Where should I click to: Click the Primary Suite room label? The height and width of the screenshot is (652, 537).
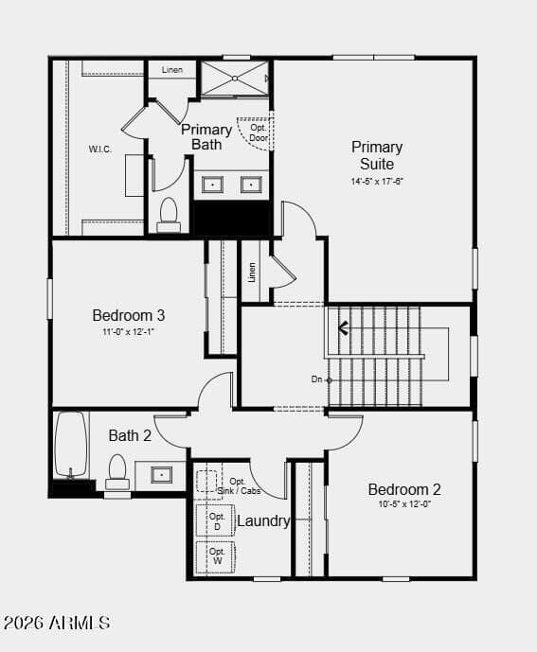(377, 155)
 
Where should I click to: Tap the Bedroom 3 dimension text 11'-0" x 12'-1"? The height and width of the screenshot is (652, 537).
(129, 332)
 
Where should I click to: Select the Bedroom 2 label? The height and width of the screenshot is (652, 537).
(404, 489)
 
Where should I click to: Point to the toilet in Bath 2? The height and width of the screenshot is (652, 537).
(117, 471)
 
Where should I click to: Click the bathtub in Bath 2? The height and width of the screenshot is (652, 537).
(71, 444)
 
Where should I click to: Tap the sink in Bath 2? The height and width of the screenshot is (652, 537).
(161, 474)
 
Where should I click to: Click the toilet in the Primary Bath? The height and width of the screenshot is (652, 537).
(169, 215)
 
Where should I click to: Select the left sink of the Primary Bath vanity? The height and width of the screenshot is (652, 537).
(212, 185)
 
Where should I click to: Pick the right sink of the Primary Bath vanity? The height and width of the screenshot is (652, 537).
(251, 185)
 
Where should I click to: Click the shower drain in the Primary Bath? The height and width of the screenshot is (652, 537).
(235, 79)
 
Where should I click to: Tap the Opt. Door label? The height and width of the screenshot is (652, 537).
(259, 132)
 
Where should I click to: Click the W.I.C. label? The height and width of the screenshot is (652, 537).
(99, 149)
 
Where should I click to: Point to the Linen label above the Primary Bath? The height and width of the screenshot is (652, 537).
(172, 70)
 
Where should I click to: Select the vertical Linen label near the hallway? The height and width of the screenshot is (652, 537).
(252, 272)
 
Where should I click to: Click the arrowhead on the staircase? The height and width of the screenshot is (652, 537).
(343, 329)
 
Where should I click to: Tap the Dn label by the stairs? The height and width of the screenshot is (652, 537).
(316, 379)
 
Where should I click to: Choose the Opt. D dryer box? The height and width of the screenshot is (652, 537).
(217, 520)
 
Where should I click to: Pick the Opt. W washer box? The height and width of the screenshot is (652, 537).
(217, 556)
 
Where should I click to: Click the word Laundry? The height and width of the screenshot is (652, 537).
(263, 521)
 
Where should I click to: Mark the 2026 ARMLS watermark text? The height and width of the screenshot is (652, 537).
(57, 623)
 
